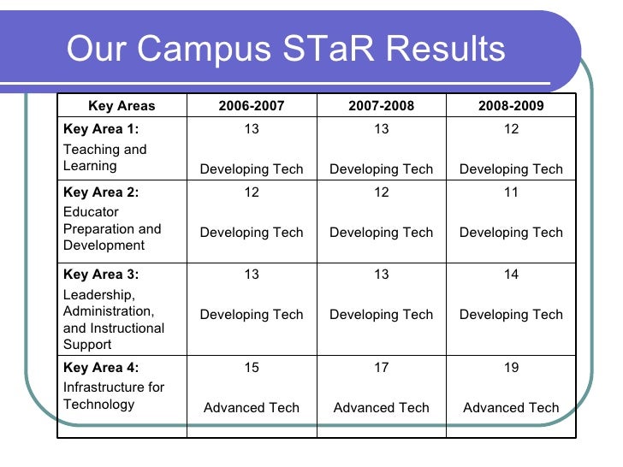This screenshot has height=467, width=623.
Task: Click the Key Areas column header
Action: click(122, 106)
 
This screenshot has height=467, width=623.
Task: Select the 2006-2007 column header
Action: click(252, 106)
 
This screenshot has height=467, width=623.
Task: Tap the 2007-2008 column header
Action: click(381, 106)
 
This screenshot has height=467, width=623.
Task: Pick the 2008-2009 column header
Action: click(511, 106)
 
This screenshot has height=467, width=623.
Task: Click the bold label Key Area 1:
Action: click(101, 129)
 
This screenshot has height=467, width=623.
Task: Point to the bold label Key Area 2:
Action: click(101, 192)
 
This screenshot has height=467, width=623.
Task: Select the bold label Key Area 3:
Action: click(101, 275)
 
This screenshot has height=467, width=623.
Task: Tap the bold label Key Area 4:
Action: click(101, 368)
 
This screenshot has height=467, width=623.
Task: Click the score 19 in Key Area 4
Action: click(511, 368)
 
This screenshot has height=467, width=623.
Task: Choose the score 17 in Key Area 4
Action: click(381, 368)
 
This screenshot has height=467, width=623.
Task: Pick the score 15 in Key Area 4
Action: click(252, 368)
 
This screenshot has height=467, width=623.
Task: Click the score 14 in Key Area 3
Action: click(511, 275)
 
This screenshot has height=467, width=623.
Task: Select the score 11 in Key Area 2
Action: click(511, 192)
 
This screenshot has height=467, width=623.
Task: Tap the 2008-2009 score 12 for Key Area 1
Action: click(511, 129)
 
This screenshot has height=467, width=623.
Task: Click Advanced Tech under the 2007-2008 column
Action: click(381, 408)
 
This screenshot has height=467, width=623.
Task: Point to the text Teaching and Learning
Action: click(104, 157)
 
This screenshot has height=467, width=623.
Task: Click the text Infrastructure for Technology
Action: click(113, 395)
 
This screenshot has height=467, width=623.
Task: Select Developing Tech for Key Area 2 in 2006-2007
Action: click(252, 232)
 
